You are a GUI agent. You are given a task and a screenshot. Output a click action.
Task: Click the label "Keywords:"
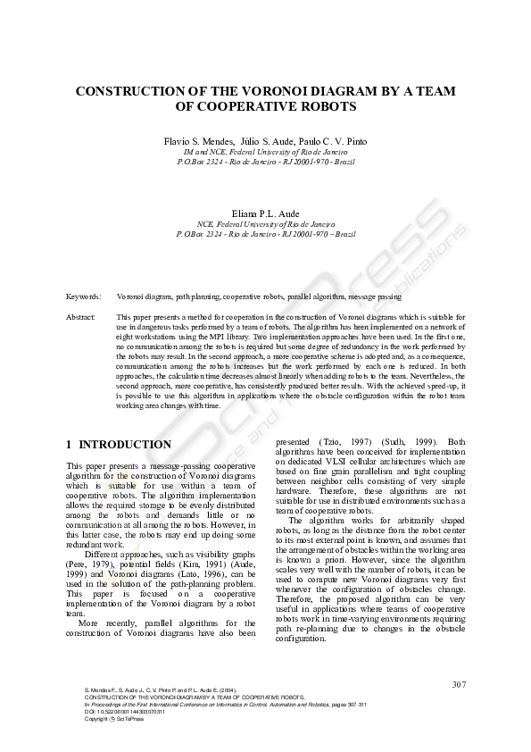coord(83,295)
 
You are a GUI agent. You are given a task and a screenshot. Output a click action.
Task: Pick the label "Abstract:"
coord(81,317)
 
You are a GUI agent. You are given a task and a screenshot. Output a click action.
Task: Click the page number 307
coord(459,683)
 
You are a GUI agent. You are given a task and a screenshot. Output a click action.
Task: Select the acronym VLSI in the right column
coord(338,461)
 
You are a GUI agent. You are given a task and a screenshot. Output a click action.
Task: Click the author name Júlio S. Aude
coord(264,142)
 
